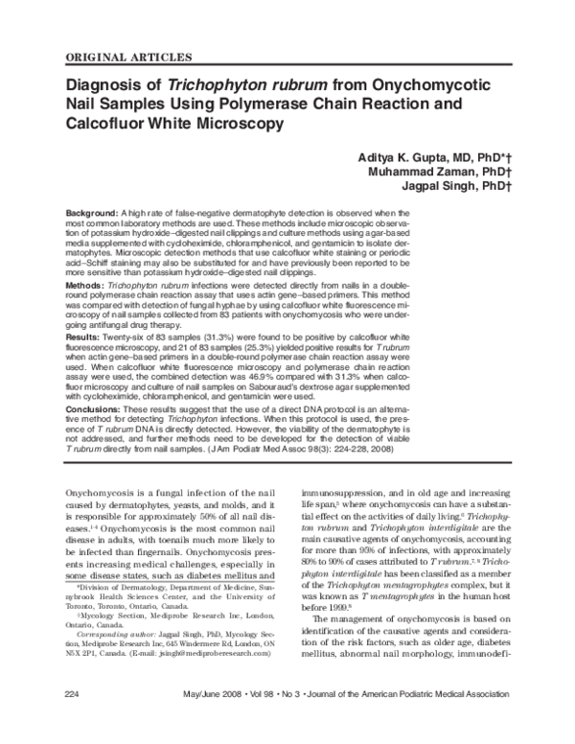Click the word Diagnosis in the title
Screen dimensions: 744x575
tap(110, 82)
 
